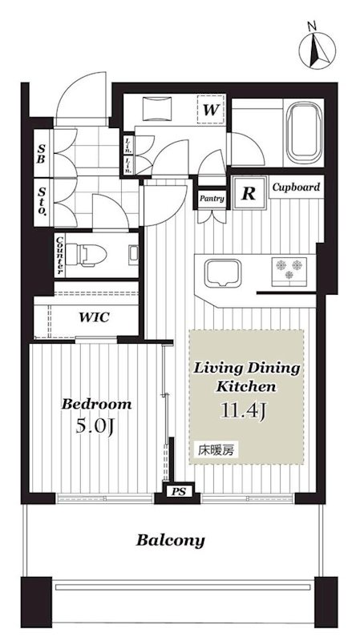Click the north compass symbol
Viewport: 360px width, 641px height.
(317, 50)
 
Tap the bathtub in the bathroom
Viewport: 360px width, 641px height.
(304, 132)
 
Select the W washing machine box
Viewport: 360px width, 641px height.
(210, 109)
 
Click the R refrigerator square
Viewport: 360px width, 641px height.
(249, 193)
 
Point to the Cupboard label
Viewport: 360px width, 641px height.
(296, 187)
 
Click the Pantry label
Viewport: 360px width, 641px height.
(212, 199)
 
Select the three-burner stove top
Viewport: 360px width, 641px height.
(289, 272)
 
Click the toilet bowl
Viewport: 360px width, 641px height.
(87, 255)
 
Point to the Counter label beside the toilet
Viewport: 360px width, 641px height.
(59, 255)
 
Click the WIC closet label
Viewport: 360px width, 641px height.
(94, 316)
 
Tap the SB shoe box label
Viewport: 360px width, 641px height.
(41, 153)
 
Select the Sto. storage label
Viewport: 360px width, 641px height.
(42, 201)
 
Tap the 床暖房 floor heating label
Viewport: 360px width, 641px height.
(216, 450)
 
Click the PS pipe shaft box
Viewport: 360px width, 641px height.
(178, 492)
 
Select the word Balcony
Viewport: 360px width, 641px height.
(170, 540)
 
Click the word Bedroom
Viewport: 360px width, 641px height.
(96, 405)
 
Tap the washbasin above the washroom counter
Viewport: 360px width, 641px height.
(157, 109)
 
